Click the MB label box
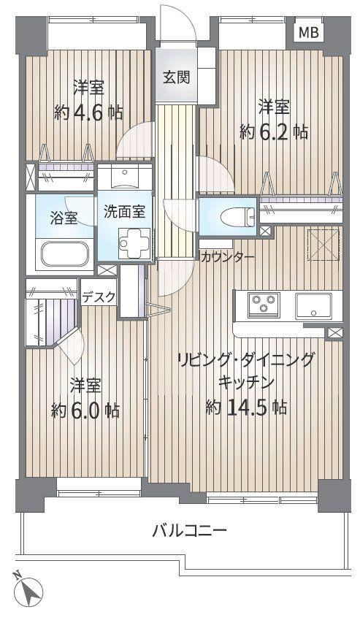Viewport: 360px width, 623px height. [x=309, y=32]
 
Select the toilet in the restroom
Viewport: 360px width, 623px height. [x=240, y=216]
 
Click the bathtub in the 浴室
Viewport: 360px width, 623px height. [x=64, y=253]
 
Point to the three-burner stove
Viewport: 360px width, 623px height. [x=264, y=305]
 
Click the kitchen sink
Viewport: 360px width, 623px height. [x=313, y=305]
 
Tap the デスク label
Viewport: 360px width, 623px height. [x=99, y=296]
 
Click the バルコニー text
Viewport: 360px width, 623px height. [x=190, y=530]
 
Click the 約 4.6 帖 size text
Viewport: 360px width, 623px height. [x=88, y=112]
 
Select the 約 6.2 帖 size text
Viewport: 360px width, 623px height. [x=274, y=131]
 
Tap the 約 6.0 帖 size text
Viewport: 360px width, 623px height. [x=85, y=410]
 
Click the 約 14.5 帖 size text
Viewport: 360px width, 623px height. [x=246, y=407]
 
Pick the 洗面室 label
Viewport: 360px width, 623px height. [x=124, y=211]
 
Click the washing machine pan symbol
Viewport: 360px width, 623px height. [x=134, y=243]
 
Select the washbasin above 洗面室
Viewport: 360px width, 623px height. [x=125, y=176]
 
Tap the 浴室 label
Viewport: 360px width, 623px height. [x=64, y=218]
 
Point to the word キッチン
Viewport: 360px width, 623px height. [x=246, y=382]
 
